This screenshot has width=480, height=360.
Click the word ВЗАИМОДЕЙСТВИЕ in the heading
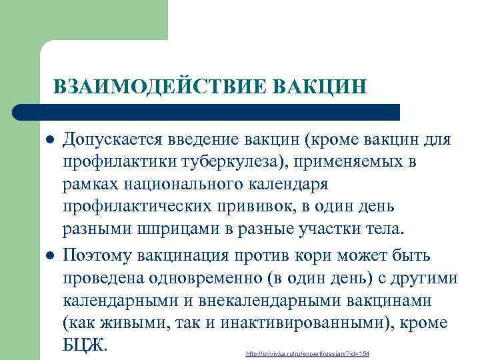click(157, 87)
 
